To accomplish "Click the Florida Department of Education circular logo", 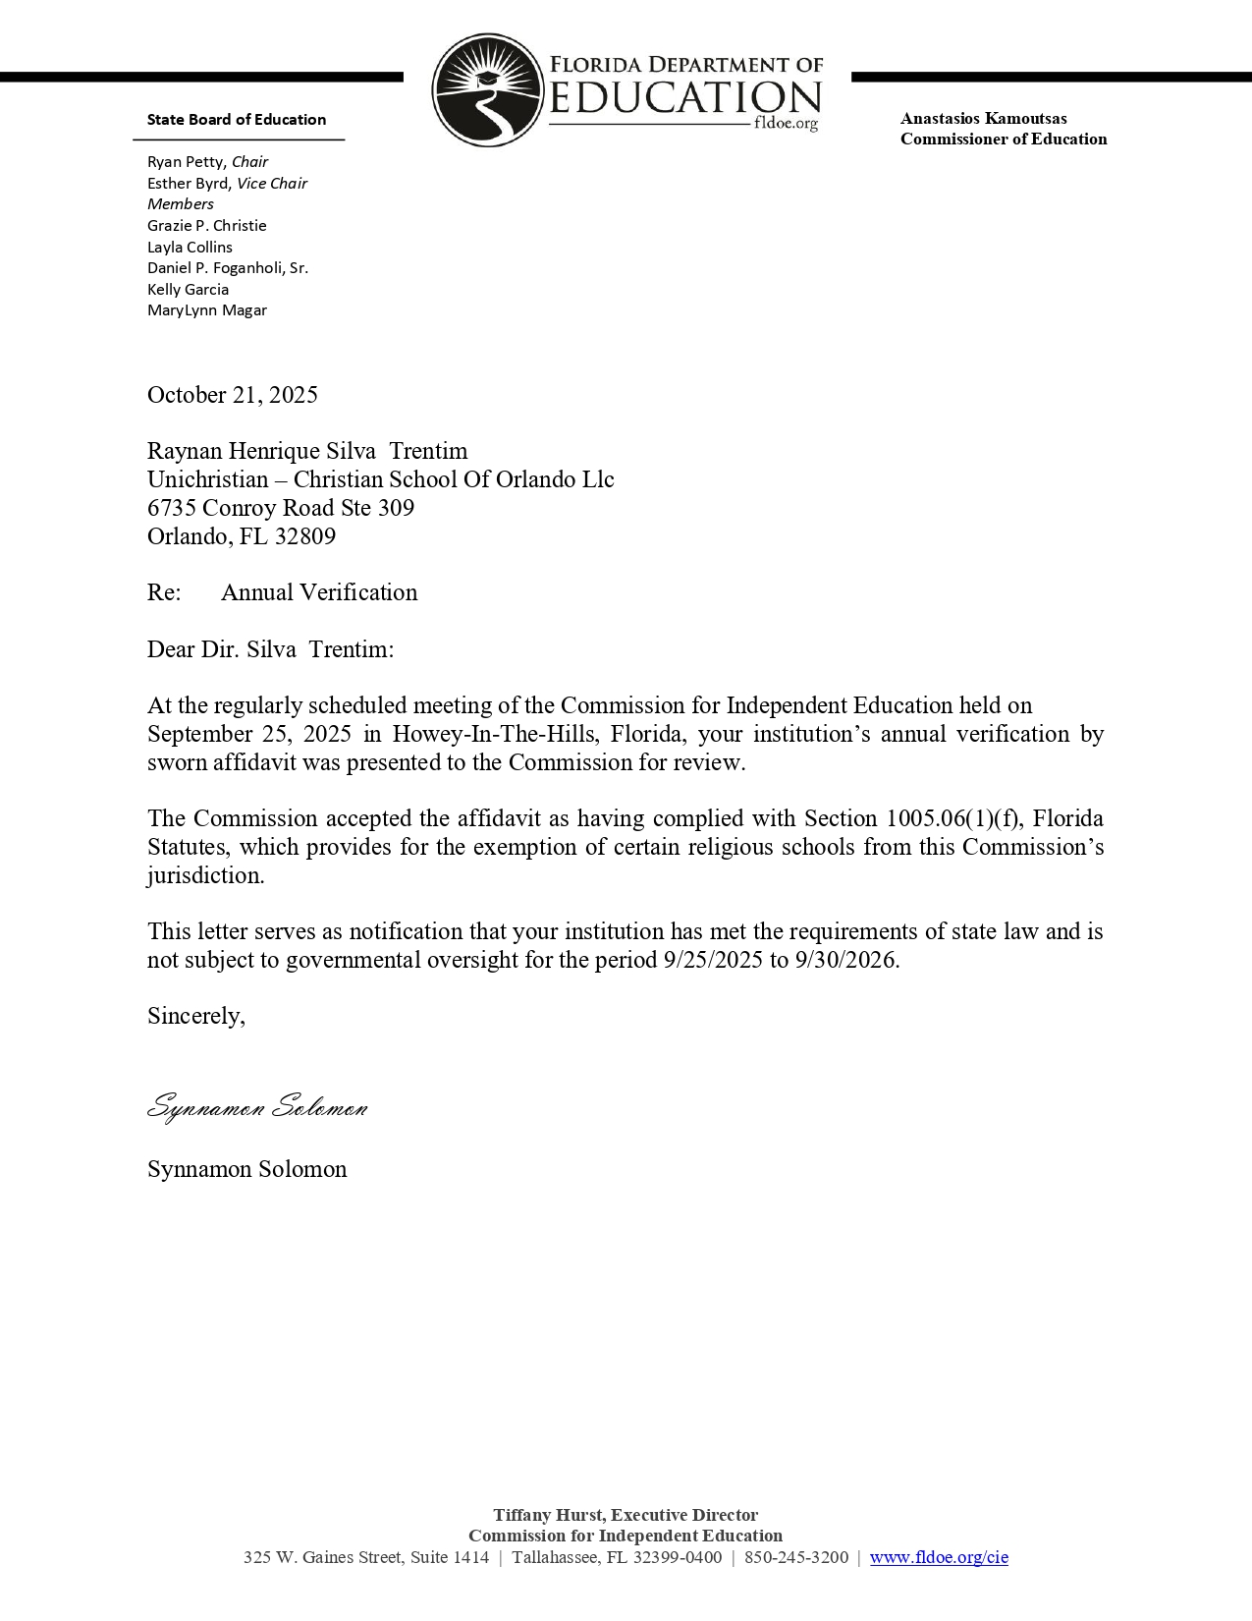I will coord(487,90).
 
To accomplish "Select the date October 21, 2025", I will coord(233,395).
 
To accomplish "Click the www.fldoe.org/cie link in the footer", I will coord(939,1557).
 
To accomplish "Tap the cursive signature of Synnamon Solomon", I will coord(257,1107).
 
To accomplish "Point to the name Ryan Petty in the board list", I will coord(187,162).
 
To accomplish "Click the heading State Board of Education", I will coord(237,120).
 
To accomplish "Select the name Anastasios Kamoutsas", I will coord(983,119).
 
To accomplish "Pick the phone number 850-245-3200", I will coord(795,1557).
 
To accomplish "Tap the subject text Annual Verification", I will coord(319,592).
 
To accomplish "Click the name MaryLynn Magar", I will coord(207,310).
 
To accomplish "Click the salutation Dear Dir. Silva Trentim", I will coord(270,649).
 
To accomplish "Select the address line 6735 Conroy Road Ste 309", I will coord(281,508).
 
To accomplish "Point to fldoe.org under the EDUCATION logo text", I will coord(786,125).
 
